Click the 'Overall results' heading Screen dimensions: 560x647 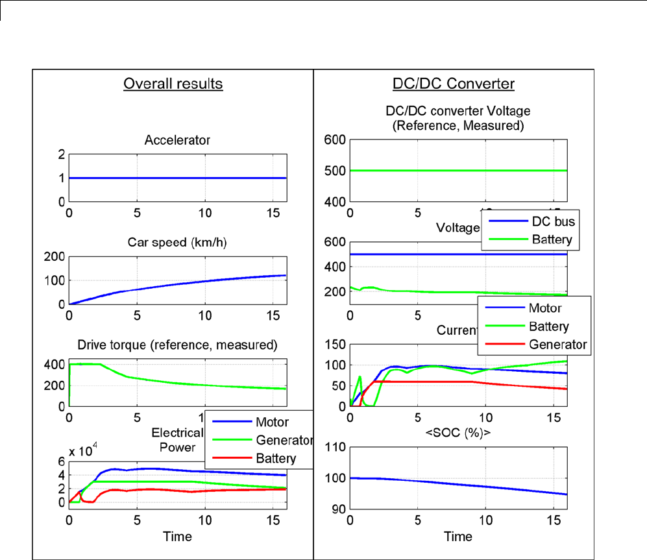pos(173,84)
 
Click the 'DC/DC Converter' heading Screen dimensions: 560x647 pos(454,84)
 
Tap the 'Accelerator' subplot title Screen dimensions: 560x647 pos(177,140)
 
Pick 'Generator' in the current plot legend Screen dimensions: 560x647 pos(558,344)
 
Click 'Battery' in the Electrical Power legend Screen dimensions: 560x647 pos(275,458)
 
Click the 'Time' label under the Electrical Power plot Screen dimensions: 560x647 pos(177,536)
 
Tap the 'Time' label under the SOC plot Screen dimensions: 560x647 pos(458,536)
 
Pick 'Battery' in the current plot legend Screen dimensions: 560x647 pos(550,326)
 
